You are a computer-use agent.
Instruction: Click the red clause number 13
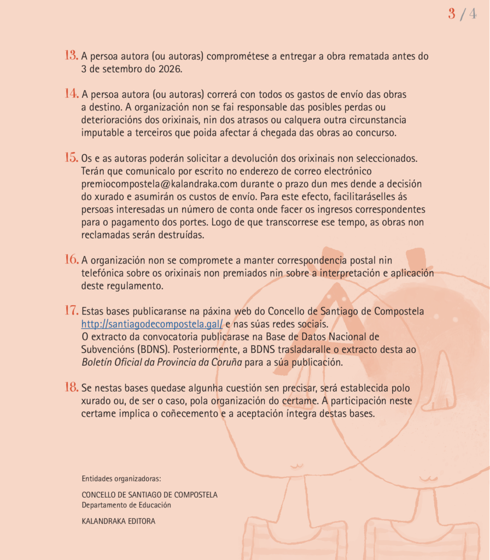click(71, 55)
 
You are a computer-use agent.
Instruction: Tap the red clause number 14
click(71, 94)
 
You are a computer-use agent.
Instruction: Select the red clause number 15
click(71, 157)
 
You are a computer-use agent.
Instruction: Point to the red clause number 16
click(71, 259)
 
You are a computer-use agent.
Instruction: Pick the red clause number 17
click(71, 311)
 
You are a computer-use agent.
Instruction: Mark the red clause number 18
click(71, 387)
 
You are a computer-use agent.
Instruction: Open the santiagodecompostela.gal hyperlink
click(152, 324)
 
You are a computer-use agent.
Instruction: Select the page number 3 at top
click(452, 14)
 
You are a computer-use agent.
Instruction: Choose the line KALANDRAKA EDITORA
click(118, 521)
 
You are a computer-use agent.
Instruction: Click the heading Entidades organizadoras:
click(121, 479)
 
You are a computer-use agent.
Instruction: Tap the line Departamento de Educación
click(126, 505)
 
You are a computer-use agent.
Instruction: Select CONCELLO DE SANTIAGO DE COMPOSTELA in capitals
click(149, 494)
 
